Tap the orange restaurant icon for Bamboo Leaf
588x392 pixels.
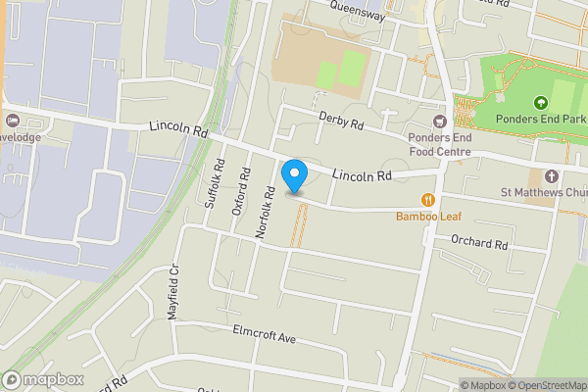click(427, 200)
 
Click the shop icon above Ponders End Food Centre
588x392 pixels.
click(438, 121)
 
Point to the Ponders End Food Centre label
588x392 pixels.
click(440, 144)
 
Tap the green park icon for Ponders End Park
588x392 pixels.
click(539, 102)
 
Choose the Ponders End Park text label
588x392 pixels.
click(541, 120)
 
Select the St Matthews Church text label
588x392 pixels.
click(543, 192)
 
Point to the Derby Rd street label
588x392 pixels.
click(341, 121)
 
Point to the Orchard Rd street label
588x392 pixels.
click(479, 243)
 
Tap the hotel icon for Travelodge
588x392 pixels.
click(12, 121)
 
